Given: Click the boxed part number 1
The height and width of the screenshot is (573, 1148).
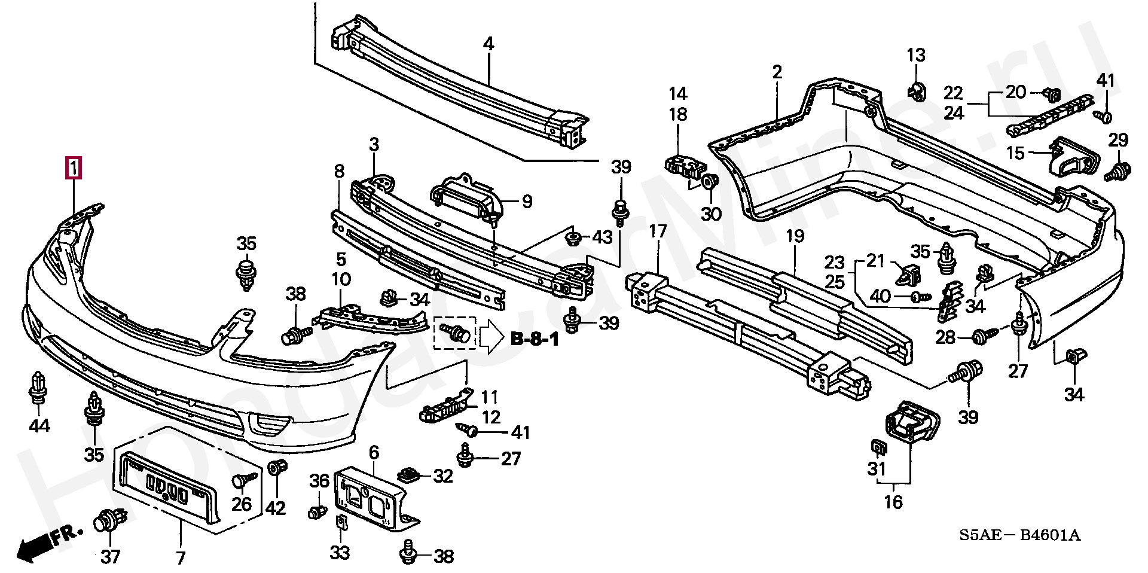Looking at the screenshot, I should [x=73, y=168].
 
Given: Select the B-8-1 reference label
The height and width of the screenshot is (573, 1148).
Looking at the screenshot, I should [x=535, y=340].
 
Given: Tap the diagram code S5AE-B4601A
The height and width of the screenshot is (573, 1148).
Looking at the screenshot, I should [x=1020, y=535].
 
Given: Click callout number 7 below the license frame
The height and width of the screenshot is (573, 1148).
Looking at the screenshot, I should [x=181, y=557].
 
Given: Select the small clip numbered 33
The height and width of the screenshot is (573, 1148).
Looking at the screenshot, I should [x=340, y=525].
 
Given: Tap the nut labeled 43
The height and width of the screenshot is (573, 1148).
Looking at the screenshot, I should [x=573, y=238].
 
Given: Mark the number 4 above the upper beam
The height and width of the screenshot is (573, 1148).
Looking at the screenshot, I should [x=488, y=44].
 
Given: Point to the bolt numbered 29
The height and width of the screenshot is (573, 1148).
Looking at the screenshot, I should [x=1115, y=172].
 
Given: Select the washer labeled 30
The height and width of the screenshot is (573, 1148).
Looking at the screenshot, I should [x=710, y=182].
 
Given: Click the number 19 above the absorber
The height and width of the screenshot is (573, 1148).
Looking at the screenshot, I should [x=795, y=236].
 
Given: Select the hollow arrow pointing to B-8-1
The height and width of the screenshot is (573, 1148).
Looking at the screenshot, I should [x=491, y=337].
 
